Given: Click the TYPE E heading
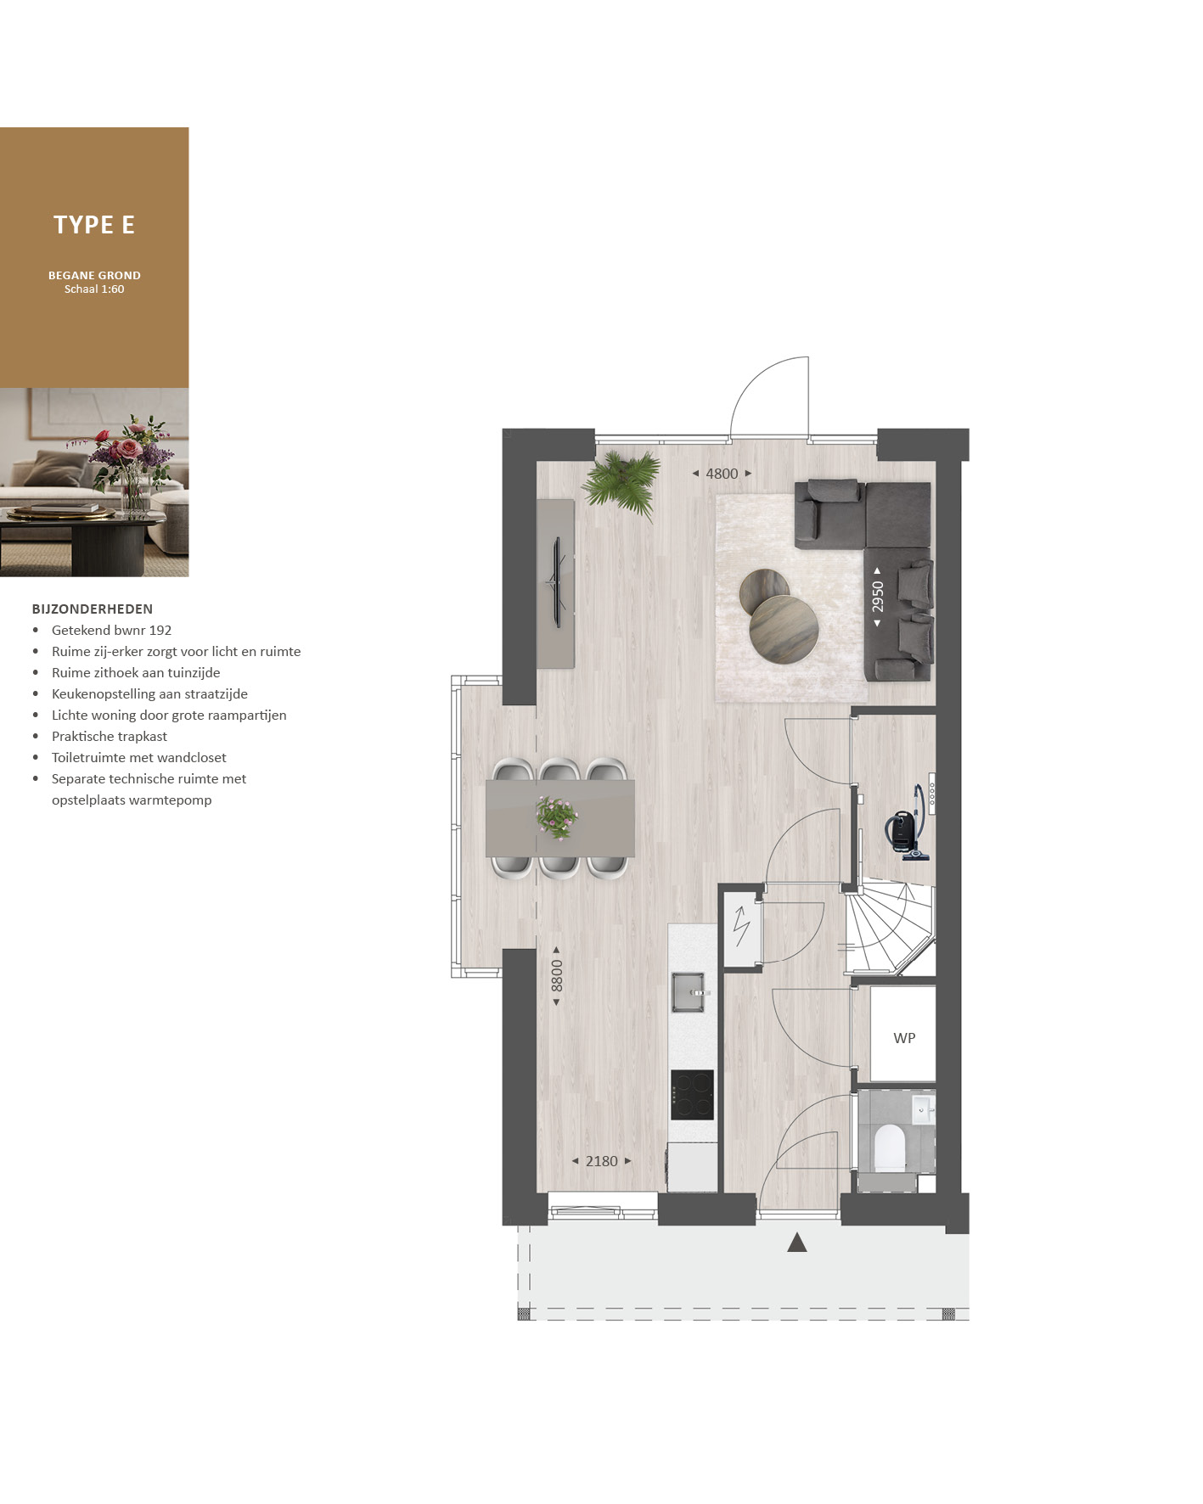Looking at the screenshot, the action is (94, 225).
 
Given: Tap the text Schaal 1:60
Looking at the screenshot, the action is (94, 289).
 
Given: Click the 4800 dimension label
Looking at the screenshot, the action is (722, 474).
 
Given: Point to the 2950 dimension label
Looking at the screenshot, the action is (878, 597).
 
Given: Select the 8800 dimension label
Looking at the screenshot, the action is (557, 975).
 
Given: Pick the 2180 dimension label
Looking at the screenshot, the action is (601, 1161).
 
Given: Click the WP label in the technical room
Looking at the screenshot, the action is (904, 1038).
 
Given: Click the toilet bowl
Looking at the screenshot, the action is (889, 1145).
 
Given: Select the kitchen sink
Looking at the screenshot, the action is (689, 992).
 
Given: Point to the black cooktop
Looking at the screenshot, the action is (692, 1095).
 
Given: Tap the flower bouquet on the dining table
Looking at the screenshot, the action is (557, 817).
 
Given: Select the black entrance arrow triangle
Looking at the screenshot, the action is (796, 1243).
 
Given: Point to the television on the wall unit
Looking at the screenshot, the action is (558, 582).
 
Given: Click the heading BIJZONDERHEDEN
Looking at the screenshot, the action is (93, 609).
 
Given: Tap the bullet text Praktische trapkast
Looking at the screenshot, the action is (110, 737).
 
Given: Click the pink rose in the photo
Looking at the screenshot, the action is (130, 448).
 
